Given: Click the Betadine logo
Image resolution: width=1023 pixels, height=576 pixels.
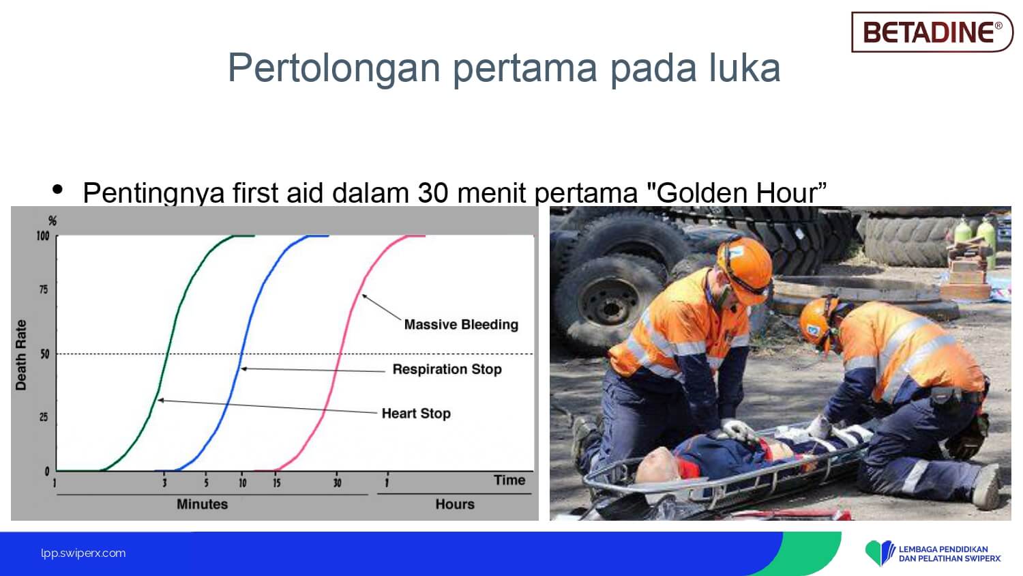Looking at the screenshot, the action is click(x=932, y=31).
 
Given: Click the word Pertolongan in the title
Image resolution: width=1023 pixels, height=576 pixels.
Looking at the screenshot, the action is click(x=334, y=69).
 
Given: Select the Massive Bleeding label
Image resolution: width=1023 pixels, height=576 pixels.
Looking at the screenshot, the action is click(x=461, y=325).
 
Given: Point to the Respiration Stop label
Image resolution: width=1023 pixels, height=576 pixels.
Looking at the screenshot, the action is click(x=447, y=369).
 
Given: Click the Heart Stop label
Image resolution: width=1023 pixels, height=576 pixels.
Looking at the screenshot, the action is click(x=416, y=414).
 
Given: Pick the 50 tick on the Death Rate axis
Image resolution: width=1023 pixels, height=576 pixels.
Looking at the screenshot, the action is click(x=44, y=354).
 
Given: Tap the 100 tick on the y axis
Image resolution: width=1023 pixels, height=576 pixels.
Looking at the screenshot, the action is click(x=42, y=236).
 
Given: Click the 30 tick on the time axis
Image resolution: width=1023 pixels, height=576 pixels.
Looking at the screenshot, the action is click(x=337, y=483).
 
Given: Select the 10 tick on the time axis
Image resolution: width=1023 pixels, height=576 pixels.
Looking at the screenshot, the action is click(x=243, y=483).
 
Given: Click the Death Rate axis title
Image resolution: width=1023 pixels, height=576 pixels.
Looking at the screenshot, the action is click(x=21, y=355).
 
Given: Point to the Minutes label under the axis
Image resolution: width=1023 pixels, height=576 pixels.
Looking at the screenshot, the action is click(x=203, y=504).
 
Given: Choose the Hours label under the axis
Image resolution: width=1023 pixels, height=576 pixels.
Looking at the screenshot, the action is click(x=455, y=504).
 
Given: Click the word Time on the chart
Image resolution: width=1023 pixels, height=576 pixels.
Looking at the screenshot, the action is click(x=509, y=480).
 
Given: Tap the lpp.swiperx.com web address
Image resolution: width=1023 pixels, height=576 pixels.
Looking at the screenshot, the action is click(x=83, y=553).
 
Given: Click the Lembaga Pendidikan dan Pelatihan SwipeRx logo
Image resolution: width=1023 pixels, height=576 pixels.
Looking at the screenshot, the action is click(x=933, y=553).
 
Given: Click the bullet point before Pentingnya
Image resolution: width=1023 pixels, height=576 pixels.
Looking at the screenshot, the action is click(x=57, y=189).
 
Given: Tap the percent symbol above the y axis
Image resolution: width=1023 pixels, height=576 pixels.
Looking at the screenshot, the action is click(x=53, y=221).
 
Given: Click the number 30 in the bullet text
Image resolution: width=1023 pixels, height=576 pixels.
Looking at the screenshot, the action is click(x=432, y=193).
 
